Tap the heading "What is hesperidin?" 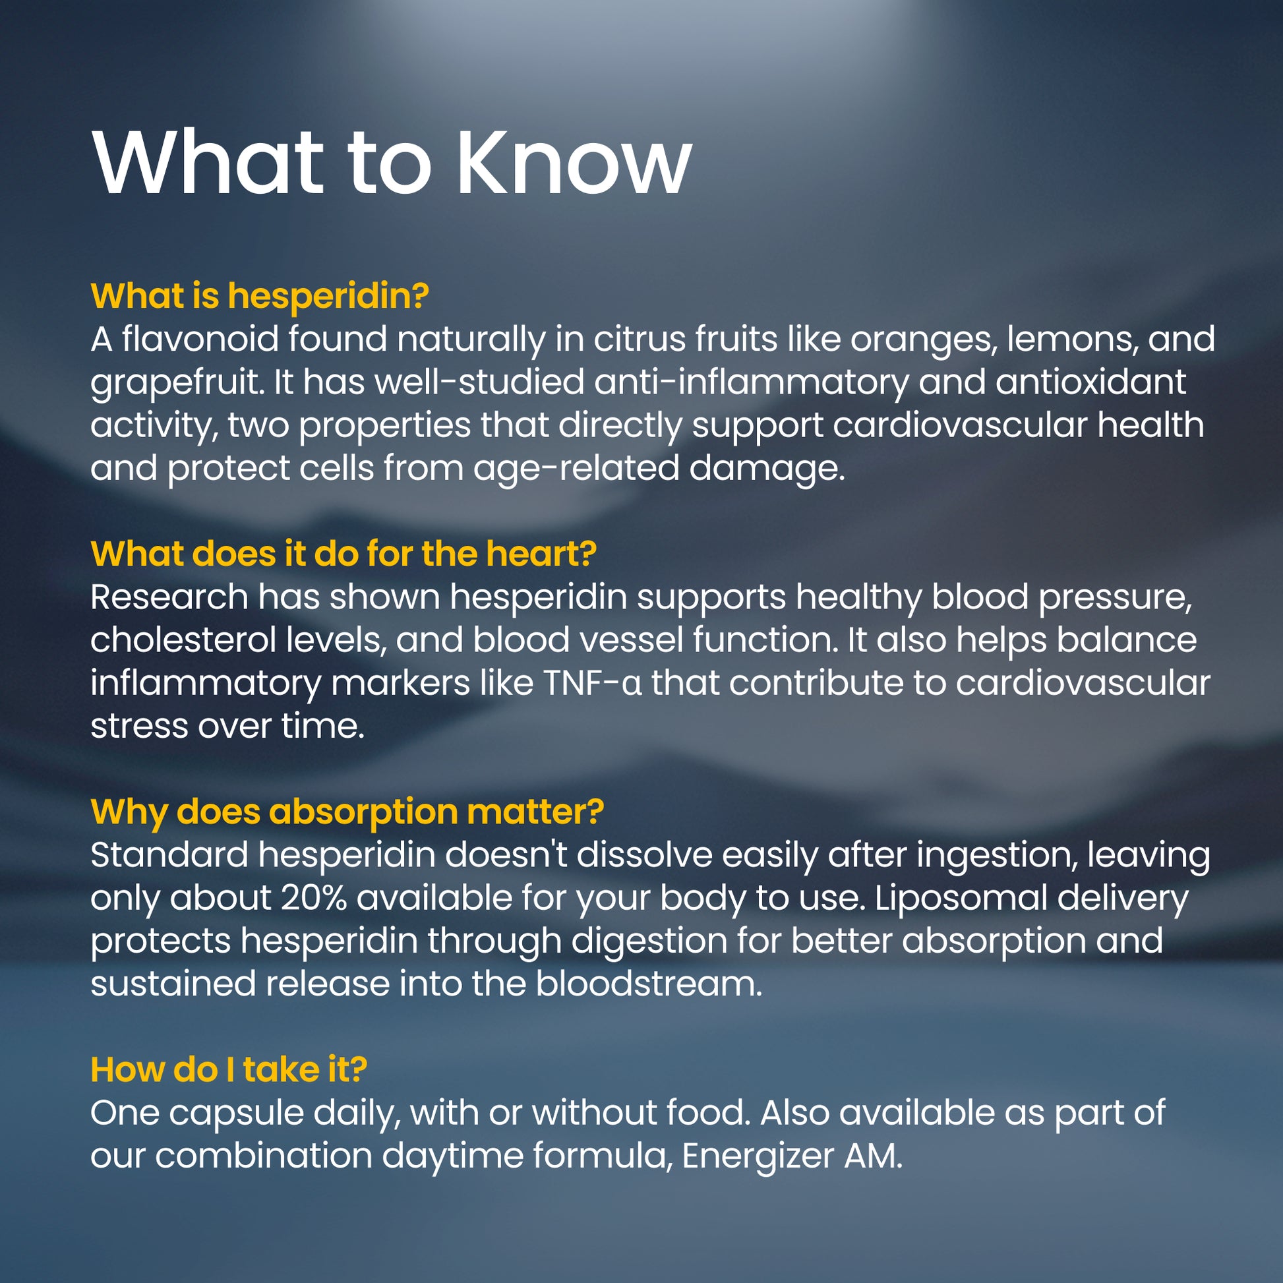pyautogui.click(x=260, y=295)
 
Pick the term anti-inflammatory pyautogui.click(x=751, y=382)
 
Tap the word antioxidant pyautogui.click(x=1090, y=382)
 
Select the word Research pyautogui.click(x=169, y=597)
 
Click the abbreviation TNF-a pyautogui.click(x=593, y=683)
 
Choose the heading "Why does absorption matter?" pyautogui.click(x=347, y=812)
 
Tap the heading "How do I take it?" pyautogui.click(x=228, y=1070)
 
